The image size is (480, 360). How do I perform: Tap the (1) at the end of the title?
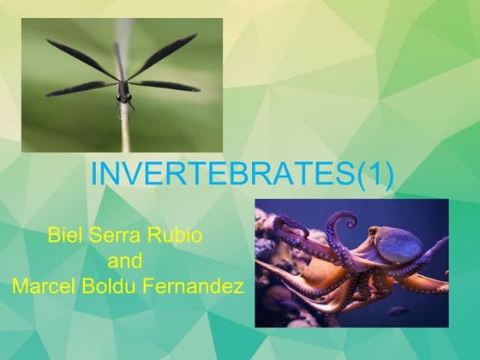(x=375, y=173)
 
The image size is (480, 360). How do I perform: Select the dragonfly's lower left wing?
(x=82, y=87)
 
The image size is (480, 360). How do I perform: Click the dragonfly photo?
(x=122, y=85)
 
